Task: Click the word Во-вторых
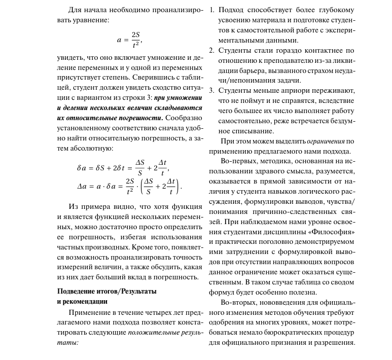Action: pos(237,303)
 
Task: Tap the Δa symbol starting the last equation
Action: pos(83,186)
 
